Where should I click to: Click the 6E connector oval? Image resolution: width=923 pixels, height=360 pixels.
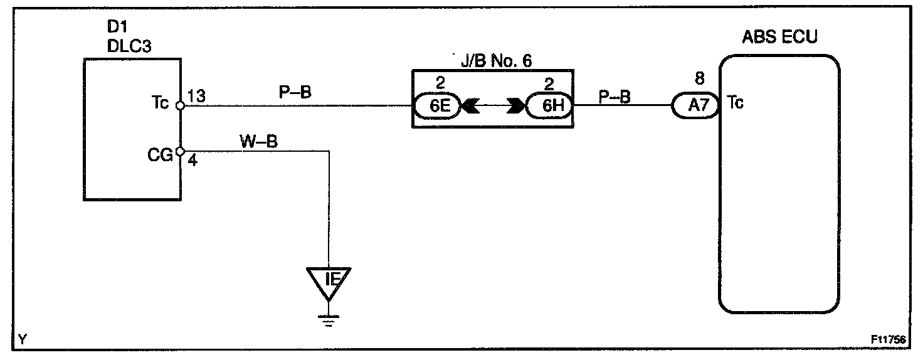pyautogui.click(x=437, y=106)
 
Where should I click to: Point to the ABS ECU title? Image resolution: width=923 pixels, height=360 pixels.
pyautogui.click(x=779, y=36)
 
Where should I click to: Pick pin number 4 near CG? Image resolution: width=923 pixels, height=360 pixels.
pyautogui.click(x=193, y=161)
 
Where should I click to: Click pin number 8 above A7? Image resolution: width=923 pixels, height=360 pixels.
pyautogui.click(x=700, y=80)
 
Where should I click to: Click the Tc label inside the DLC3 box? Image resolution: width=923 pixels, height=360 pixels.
pyautogui.click(x=161, y=104)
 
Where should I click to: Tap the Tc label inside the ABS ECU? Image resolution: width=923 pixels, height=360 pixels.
pyautogui.click(x=736, y=103)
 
